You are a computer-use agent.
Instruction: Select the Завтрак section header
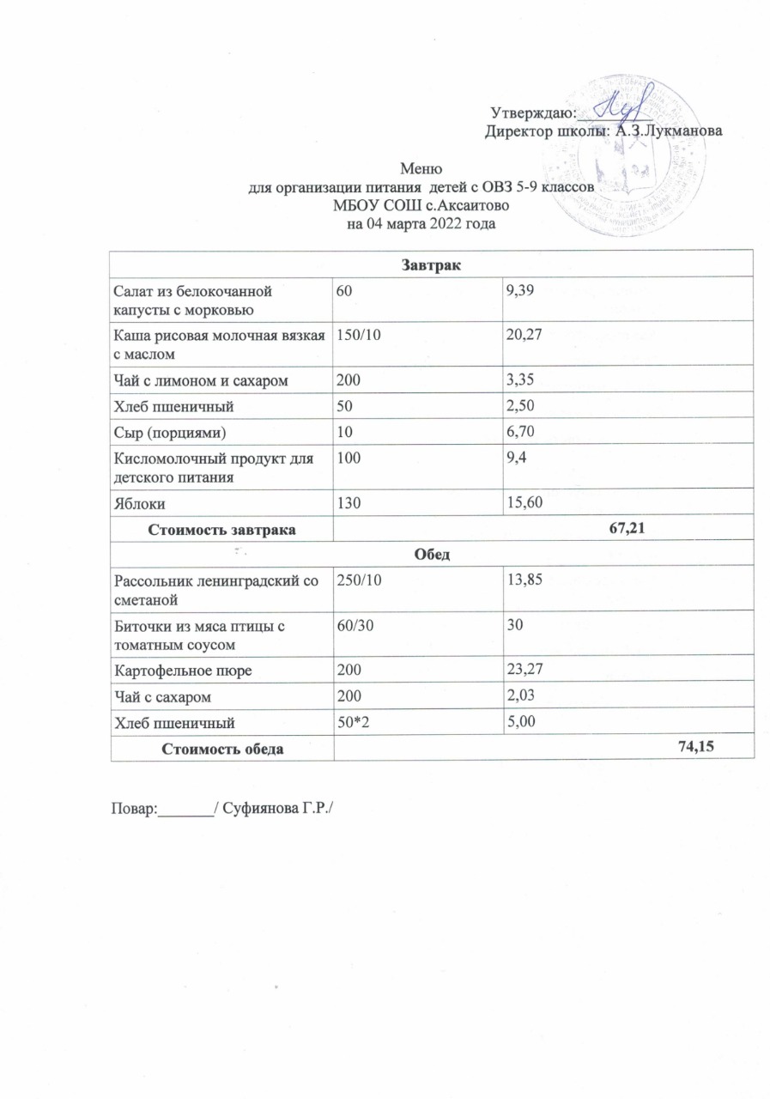pos(432,264)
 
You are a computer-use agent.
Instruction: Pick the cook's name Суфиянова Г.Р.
pos(277,808)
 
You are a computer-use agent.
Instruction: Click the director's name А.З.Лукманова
pos(670,131)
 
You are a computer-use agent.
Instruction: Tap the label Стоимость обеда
pos(222,748)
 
